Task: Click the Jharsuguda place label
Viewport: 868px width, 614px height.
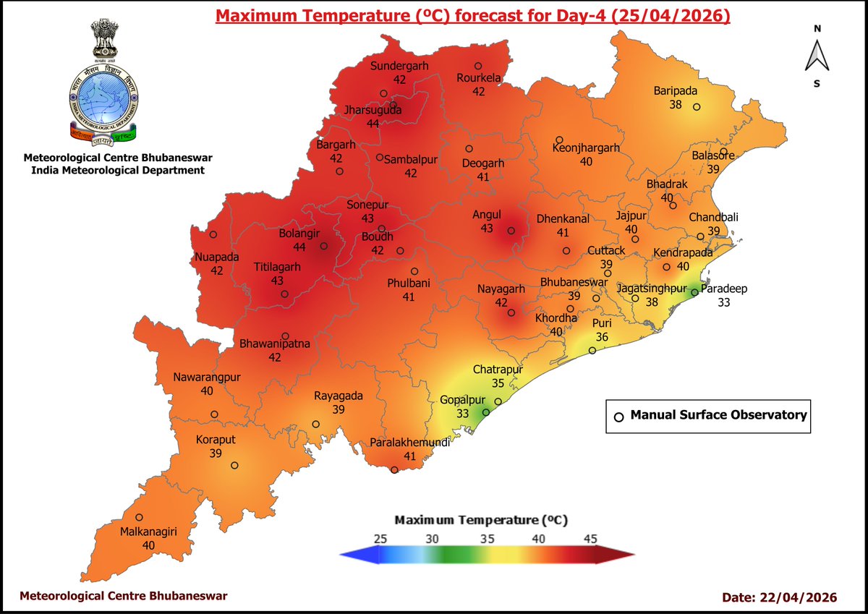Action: tap(373, 111)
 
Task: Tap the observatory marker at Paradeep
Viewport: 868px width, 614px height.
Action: tap(694, 292)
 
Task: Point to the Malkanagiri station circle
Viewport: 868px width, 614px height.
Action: tap(139, 517)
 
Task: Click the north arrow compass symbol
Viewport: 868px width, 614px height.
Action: tap(817, 56)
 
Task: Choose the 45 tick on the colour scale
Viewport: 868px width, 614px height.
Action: tap(590, 538)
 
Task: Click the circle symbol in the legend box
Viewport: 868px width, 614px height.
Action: tap(618, 417)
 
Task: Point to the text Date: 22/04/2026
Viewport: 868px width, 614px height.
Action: tap(779, 597)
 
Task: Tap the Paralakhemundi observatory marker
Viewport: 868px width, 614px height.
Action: tap(394, 470)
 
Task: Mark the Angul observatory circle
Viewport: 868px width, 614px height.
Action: tap(511, 231)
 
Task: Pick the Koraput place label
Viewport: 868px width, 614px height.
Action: tap(216, 439)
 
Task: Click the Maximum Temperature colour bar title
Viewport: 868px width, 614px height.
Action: tap(481, 520)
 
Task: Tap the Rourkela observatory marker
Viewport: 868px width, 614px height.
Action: tap(478, 66)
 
